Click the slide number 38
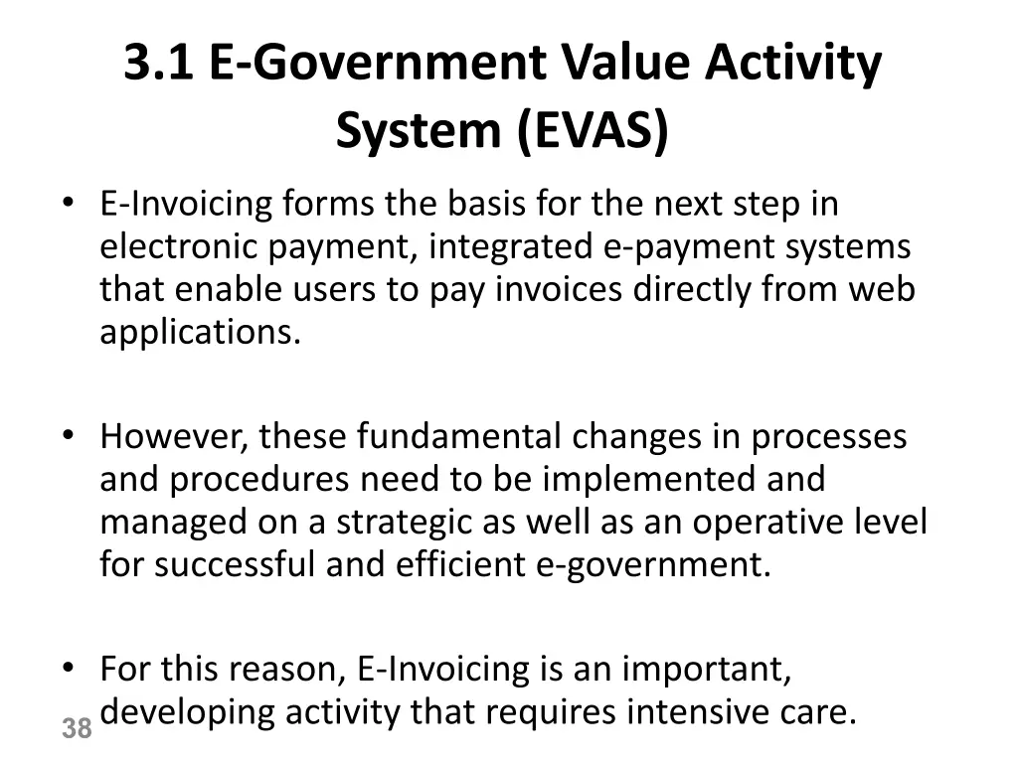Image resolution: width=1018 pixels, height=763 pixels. pyautogui.click(x=77, y=729)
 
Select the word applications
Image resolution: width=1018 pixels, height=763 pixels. pyautogui.click(x=200, y=333)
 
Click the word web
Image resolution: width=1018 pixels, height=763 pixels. pyautogui.click(x=881, y=289)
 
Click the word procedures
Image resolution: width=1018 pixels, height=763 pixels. pyautogui.click(x=259, y=479)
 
